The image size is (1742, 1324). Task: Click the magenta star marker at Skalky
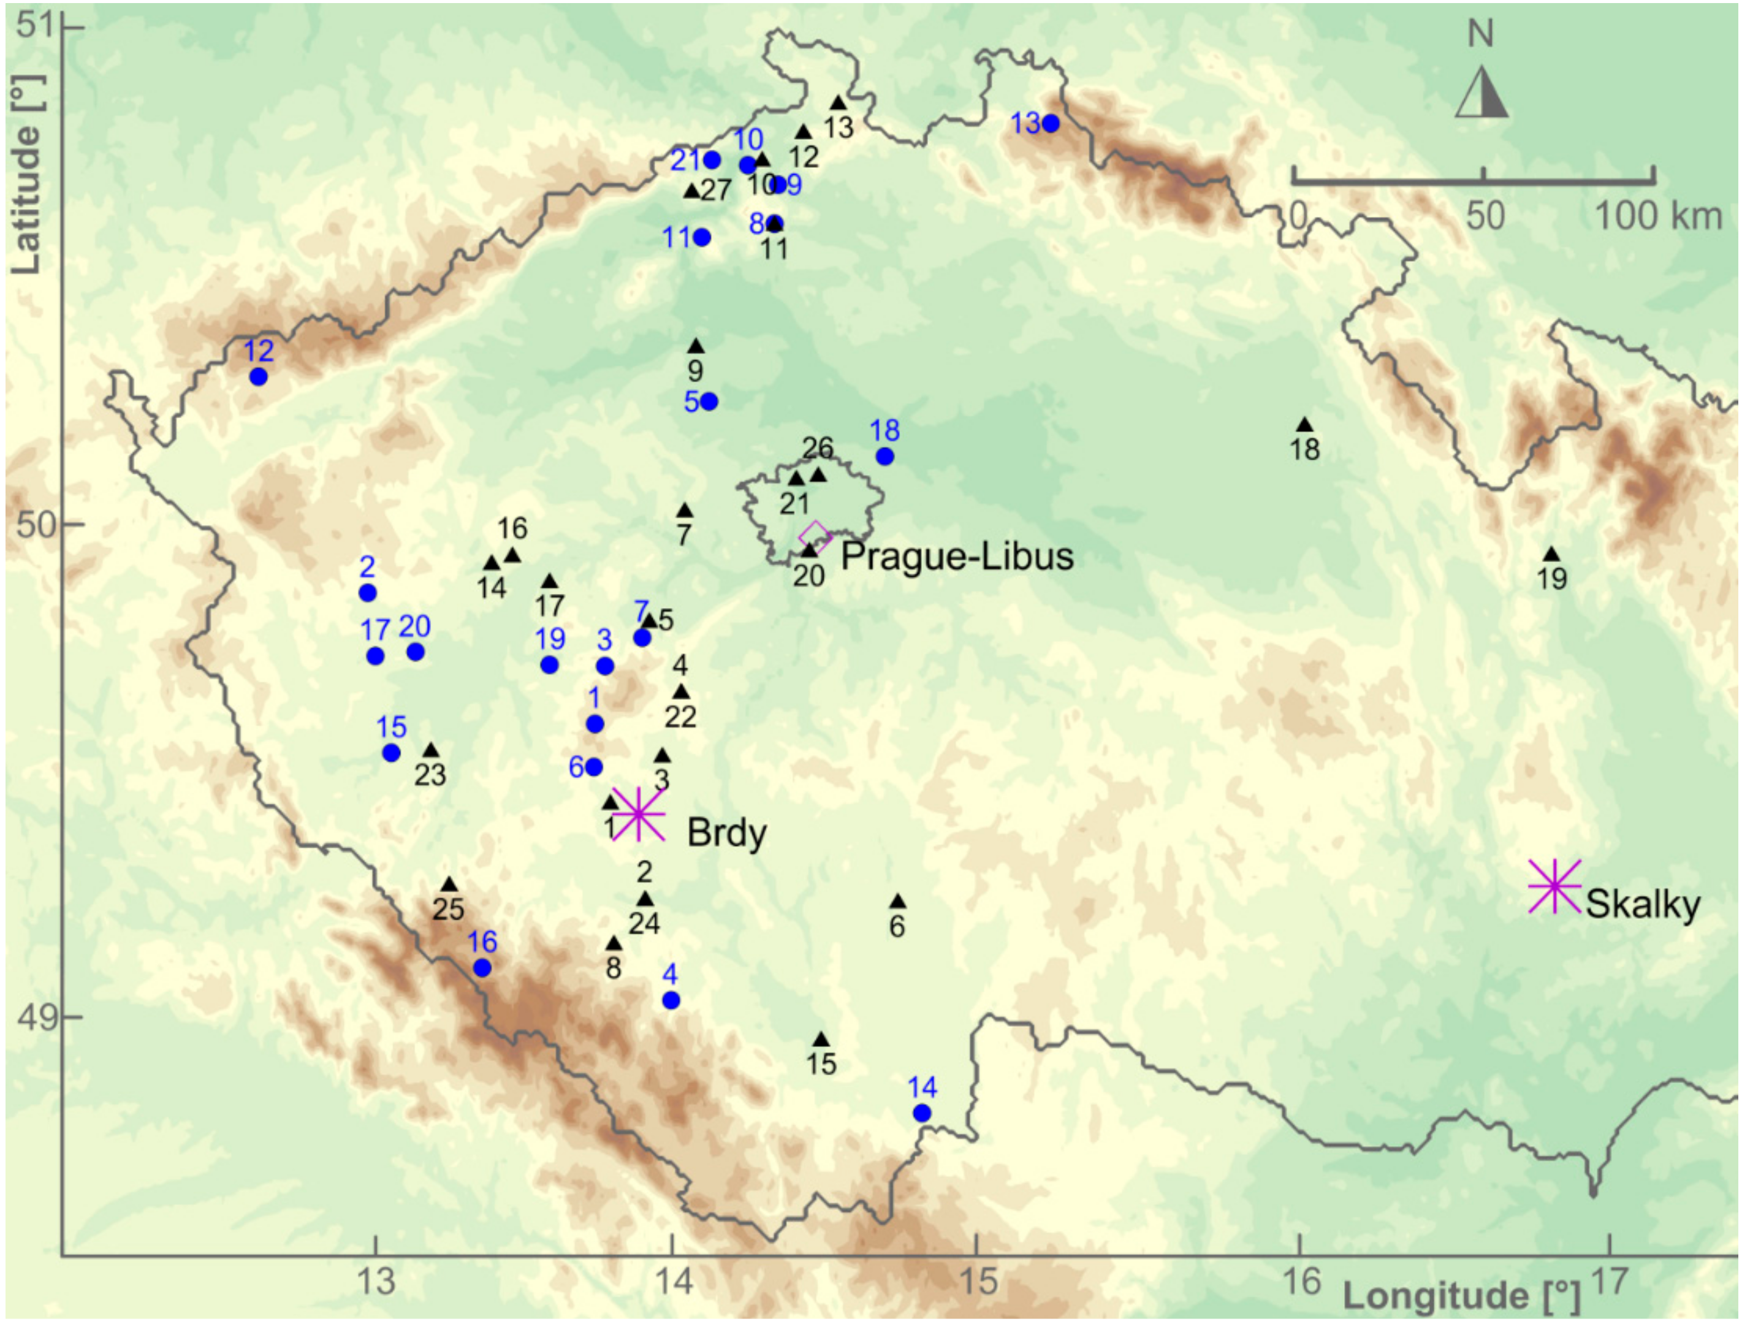(x=1554, y=886)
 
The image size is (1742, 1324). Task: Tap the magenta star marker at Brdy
(x=638, y=814)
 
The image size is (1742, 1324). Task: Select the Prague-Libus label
(x=956, y=557)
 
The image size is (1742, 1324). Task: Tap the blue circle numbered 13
(x=1050, y=124)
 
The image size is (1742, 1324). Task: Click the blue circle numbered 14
(x=922, y=1113)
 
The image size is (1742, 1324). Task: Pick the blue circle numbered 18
(x=884, y=456)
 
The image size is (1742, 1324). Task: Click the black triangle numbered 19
(x=1551, y=555)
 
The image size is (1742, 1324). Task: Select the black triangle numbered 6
(x=897, y=902)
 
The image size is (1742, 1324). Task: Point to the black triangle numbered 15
(x=821, y=1040)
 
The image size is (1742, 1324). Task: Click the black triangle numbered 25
(x=449, y=885)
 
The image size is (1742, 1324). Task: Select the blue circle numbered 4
(x=671, y=1000)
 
